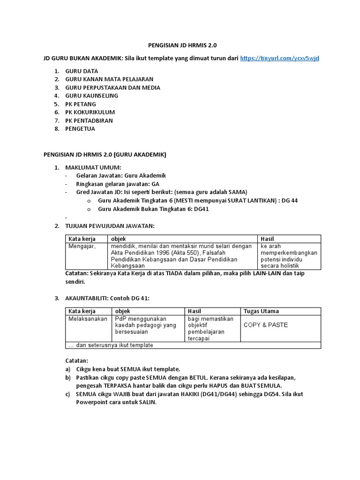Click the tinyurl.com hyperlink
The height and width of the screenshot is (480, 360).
279,59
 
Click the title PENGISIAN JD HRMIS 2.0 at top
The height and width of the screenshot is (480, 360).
182,45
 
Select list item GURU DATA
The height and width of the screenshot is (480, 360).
82,71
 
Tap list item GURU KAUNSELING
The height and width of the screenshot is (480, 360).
91,96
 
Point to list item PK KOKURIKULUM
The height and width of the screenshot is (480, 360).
90,112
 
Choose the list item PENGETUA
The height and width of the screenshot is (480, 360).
80,129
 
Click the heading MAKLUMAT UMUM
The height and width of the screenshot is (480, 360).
93,167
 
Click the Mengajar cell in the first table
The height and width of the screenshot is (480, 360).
82,246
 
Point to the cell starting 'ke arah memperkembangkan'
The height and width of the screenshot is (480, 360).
289,256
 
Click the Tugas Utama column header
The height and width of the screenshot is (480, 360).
261,311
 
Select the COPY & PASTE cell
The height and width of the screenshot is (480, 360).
266,325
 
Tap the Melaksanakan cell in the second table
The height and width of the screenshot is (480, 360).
88,318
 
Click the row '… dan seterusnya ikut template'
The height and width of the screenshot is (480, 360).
111,345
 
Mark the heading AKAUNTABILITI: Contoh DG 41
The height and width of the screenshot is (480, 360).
109,298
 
